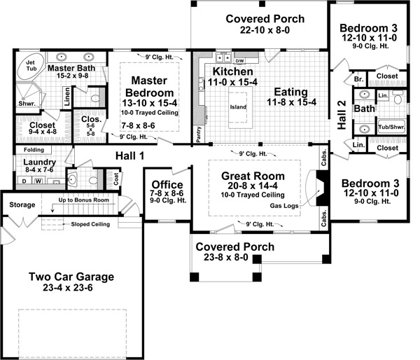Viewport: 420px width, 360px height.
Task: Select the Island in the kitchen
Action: pyautogui.click(x=239, y=107)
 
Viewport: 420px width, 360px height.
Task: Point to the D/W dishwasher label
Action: pyautogui.click(x=239, y=60)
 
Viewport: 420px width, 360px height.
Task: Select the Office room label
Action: pyautogui.click(x=167, y=185)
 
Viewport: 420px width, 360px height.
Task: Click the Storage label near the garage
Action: pyautogui.click(x=22, y=205)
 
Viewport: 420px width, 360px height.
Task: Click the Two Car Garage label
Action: pyautogui.click(x=71, y=276)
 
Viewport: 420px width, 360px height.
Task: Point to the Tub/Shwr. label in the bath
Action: pyautogui.click(x=391, y=127)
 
